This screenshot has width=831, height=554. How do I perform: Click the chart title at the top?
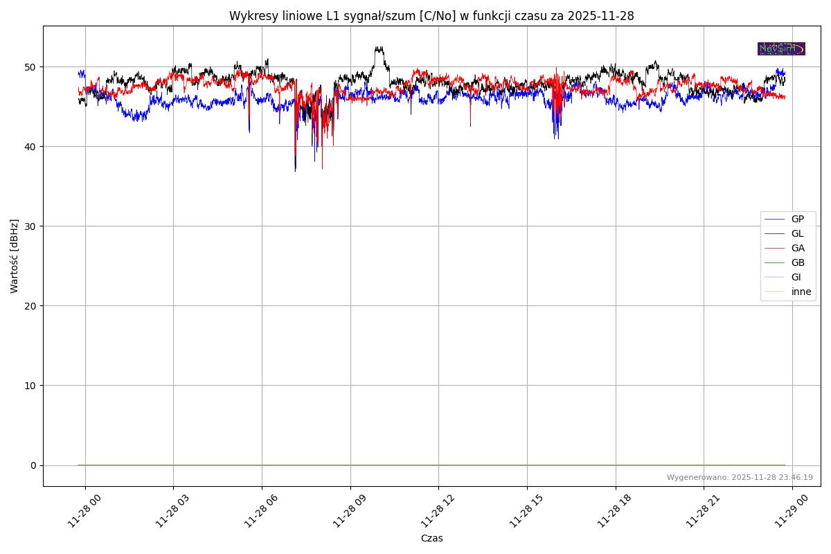click(x=431, y=16)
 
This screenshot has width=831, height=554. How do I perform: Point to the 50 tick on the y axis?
click(x=31, y=67)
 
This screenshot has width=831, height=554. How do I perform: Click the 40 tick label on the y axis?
click(x=31, y=147)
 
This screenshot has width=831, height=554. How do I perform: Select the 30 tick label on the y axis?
click(x=31, y=226)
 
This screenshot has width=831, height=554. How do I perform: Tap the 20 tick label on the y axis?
click(x=31, y=306)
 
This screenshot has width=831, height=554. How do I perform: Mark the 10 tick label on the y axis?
click(x=31, y=386)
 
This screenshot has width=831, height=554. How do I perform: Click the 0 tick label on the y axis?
click(x=33, y=465)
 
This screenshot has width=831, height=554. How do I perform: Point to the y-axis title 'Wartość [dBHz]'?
click(x=15, y=256)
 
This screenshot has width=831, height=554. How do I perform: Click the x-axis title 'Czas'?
click(x=431, y=538)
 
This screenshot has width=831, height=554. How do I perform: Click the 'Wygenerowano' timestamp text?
click(x=740, y=477)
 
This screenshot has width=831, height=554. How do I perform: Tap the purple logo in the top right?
click(x=781, y=48)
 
